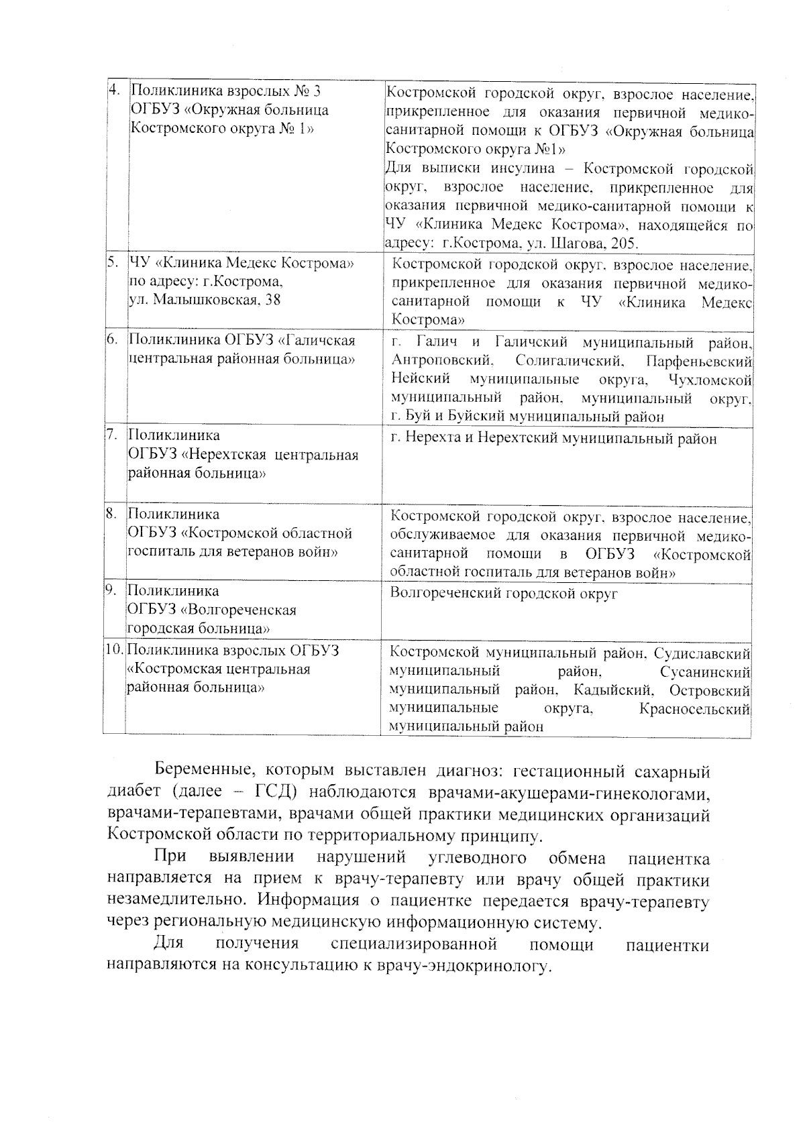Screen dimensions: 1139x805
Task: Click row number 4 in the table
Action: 115,90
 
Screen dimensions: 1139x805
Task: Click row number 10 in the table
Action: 115,650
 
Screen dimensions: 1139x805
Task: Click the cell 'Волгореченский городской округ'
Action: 504,593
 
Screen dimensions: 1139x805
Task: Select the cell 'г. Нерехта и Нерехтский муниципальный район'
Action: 553,439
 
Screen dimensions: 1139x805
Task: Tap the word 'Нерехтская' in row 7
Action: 231,455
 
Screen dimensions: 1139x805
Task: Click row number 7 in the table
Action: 113,435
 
